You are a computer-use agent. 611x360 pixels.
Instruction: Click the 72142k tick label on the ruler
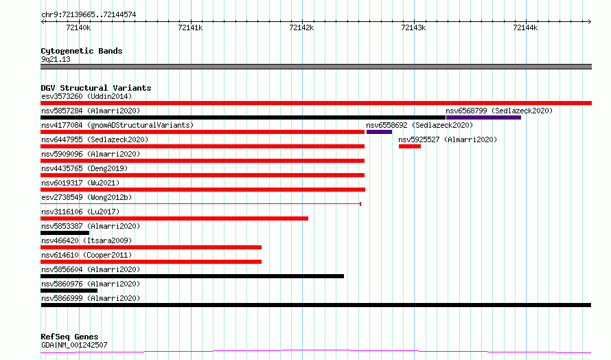301,27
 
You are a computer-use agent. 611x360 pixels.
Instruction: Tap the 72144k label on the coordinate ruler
525,27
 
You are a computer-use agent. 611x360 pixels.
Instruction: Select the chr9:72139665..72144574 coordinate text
89,15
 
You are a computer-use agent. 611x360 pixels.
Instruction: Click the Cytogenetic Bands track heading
82,51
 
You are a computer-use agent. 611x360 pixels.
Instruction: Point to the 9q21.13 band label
56,59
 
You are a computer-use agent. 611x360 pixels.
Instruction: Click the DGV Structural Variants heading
96,88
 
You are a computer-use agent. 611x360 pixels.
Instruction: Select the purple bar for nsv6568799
483,117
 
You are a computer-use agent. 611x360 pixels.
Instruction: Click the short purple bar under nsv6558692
379,132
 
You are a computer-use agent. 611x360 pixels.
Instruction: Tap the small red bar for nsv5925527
410,146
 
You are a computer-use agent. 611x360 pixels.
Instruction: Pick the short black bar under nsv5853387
65,233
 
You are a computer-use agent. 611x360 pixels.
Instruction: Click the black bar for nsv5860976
69,291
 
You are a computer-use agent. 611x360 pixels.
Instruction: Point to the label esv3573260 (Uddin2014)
87,96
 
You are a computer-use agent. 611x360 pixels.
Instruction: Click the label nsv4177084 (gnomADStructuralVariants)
117,125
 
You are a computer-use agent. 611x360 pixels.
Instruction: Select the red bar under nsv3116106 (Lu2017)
174,218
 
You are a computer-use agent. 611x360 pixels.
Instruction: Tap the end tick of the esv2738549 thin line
360,204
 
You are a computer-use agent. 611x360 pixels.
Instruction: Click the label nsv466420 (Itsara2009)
87,240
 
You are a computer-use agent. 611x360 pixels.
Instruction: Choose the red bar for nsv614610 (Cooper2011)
151,262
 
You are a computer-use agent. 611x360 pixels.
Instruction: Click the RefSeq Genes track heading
69,337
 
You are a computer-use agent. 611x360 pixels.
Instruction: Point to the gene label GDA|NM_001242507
74,345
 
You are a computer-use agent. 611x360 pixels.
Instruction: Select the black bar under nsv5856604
192,276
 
